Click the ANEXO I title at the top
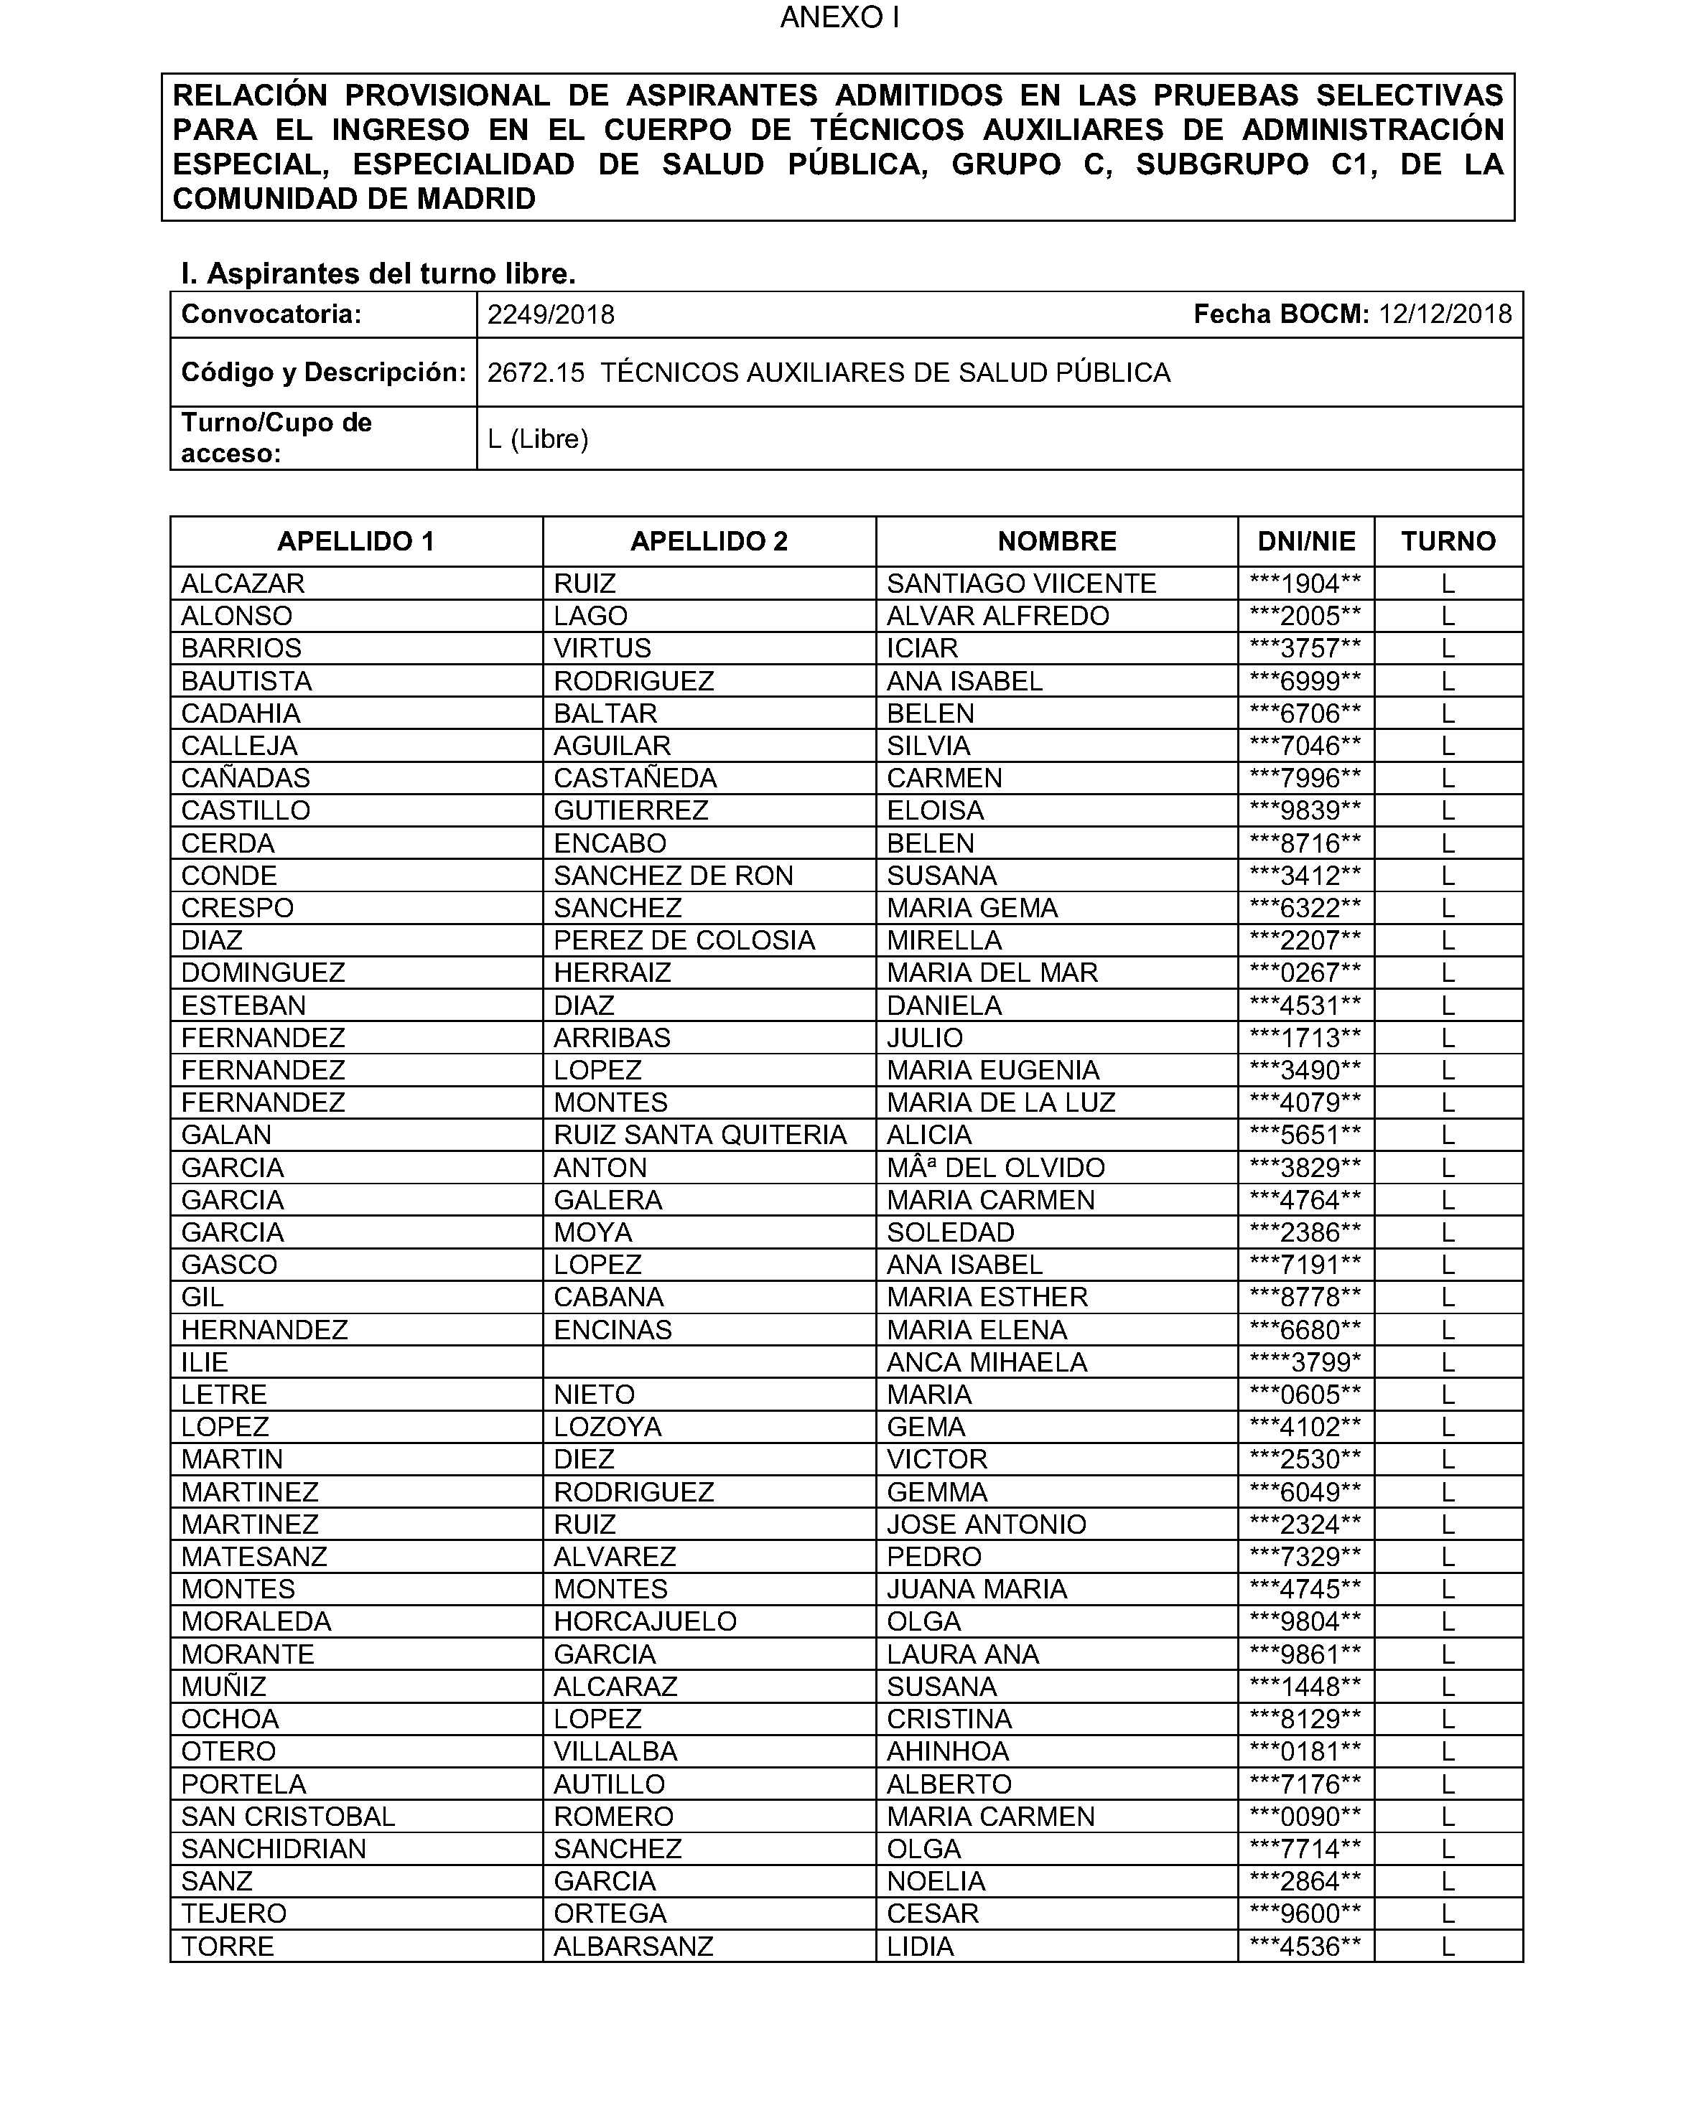click(839, 18)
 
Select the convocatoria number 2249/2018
click(551, 314)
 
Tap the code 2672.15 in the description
click(535, 373)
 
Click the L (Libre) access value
click(537, 439)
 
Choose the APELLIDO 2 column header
click(709, 542)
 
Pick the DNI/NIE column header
click(1305, 542)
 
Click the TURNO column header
click(1448, 542)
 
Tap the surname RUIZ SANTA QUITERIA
click(700, 1135)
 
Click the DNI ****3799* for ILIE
click(1305, 1362)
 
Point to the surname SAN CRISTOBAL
click(288, 1816)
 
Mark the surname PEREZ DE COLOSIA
click(684, 941)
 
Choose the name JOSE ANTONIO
click(986, 1524)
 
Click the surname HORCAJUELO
click(645, 1621)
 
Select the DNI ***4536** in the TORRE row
click(1305, 1946)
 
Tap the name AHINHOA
click(948, 1751)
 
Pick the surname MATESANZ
click(254, 1556)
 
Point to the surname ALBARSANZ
click(633, 1946)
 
